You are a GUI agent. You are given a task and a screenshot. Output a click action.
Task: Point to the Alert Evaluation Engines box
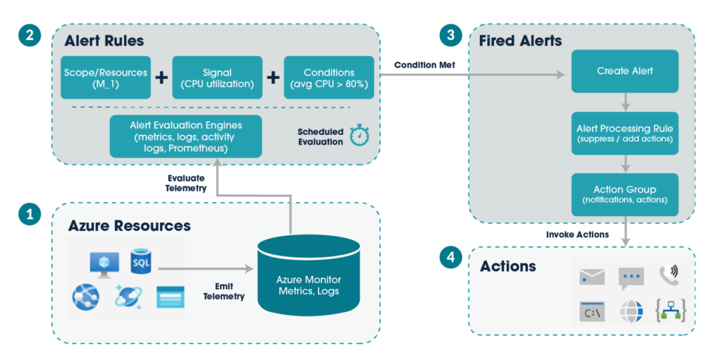pos(185,136)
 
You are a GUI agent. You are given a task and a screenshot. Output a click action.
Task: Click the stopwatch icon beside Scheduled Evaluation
pos(359,134)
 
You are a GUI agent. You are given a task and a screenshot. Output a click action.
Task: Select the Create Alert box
pos(625,71)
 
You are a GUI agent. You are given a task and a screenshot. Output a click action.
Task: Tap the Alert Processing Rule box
pos(625,133)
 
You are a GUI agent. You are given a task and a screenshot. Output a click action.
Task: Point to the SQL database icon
pos(140,262)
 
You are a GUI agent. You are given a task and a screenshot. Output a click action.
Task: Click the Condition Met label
pos(424,65)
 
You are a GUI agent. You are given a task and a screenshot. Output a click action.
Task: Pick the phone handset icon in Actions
pos(669,274)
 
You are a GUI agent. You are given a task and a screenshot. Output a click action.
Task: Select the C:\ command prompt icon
pos(592,311)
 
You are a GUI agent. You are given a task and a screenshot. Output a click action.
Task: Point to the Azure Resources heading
pos(129,225)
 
